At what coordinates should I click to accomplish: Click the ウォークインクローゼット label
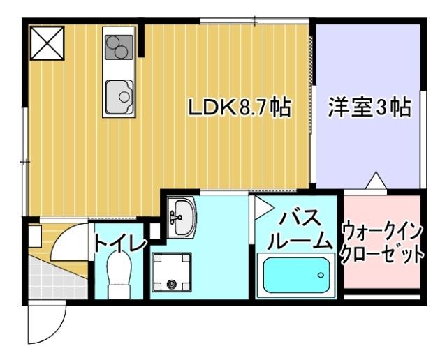click(x=381, y=241)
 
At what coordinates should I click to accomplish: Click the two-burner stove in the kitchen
click(x=118, y=47)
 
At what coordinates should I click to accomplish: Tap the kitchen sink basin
click(x=119, y=96)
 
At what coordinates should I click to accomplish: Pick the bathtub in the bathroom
click(x=296, y=276)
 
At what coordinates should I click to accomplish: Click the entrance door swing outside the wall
click(x=46, y=324)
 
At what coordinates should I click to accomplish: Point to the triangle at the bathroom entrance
click(x=263, y=206)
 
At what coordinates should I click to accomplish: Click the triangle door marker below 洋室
click(x=376, y=181)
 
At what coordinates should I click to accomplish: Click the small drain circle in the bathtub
click(x=321, y=275)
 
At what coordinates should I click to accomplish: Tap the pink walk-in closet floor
click(x=381, y=276)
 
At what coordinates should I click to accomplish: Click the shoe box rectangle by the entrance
click(x=34, y=236)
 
